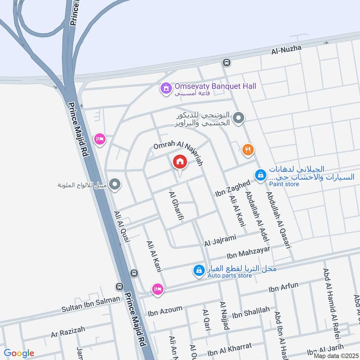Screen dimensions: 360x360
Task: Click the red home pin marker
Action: click(180, 162)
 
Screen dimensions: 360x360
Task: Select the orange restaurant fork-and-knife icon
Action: click(247, 150)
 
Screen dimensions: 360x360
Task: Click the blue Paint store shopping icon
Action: click(260, 175)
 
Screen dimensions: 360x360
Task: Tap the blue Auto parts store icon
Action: click(198, 270)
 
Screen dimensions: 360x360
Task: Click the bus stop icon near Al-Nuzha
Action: click(226, 63)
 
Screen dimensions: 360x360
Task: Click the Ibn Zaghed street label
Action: click(232, 189)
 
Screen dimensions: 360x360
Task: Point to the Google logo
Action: click(19, 353)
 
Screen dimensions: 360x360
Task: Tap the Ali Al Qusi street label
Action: click(122, 228)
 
